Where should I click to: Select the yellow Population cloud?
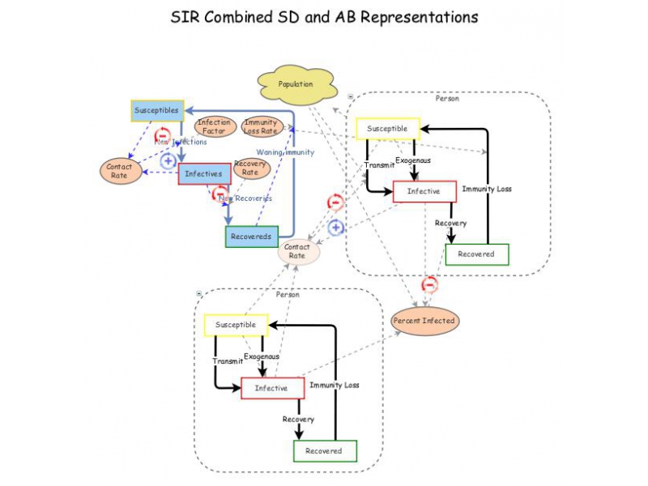296,84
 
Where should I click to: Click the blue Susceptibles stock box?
157,110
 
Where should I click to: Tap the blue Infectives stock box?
202,173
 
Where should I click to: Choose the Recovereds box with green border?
252,237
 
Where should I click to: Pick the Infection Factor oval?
215,126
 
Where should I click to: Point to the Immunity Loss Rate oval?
261,126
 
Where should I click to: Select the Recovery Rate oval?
250,168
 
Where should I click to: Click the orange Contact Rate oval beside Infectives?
119,171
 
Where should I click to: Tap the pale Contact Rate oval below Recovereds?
298,251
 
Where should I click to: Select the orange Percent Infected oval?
424,321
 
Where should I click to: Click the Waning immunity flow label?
285,151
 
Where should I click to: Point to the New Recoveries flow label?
245,198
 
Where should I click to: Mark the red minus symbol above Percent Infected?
430,285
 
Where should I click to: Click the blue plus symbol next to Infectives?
168,160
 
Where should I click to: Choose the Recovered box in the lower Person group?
324,450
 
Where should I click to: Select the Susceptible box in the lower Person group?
236,325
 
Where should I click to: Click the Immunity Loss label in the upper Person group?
487,189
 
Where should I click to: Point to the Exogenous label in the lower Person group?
262,356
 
